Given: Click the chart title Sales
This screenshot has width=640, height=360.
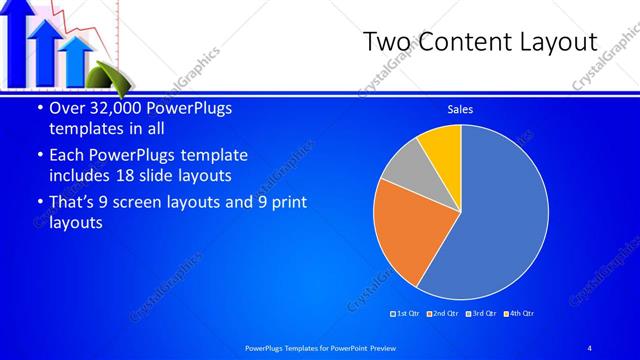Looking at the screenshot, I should (x=460, y=109).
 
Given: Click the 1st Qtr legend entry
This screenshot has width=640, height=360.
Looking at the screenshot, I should (x=406, y=313).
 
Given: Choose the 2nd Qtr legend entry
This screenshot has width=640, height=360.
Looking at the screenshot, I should (x=445, y=313).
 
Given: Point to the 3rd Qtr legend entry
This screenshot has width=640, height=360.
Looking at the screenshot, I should (x=483, y=313).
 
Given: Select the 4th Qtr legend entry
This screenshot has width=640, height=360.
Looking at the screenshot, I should (x=521, y=313).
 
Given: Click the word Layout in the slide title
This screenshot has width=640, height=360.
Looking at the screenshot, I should (x=554, y=42).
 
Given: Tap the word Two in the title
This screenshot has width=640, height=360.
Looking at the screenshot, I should (x=384, y=42).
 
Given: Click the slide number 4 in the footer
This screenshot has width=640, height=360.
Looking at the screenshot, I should (x=589, y=347).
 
